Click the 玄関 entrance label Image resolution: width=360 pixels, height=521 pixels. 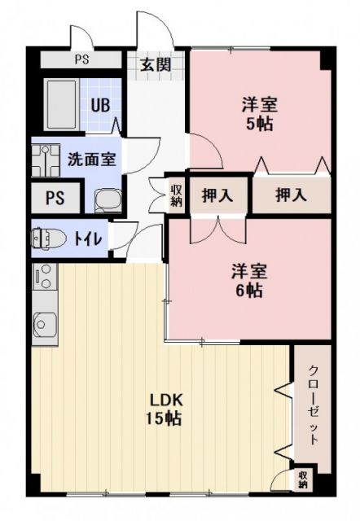coord(156,66)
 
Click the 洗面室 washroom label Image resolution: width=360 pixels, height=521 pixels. coord(91,159)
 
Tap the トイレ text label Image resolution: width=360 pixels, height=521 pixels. coord(88,239)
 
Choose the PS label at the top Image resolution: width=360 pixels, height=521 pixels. coord(81,59)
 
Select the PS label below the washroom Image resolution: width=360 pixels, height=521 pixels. coord(55,198)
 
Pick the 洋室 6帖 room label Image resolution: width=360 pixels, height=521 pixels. coord(249,280)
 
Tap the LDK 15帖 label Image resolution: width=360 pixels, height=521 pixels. coord(165,409)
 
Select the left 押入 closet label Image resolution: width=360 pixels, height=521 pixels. coord(216,195)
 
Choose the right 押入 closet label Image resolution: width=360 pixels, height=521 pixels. coord(290,195)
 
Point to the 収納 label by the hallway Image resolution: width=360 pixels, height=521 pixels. coord(177,195)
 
